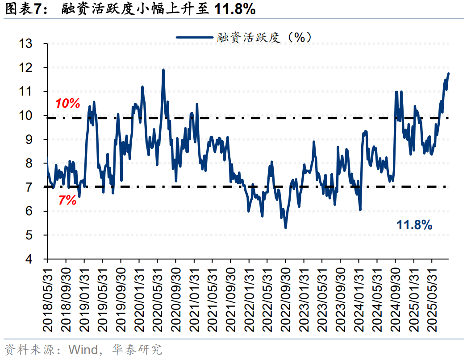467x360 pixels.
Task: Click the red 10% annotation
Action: pos(67,104)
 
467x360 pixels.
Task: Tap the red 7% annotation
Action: pos(67,201)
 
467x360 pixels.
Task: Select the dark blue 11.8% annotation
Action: pos(414,225)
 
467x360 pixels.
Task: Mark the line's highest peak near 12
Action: pos(163,70)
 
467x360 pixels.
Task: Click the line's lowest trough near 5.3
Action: pos(285,228)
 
